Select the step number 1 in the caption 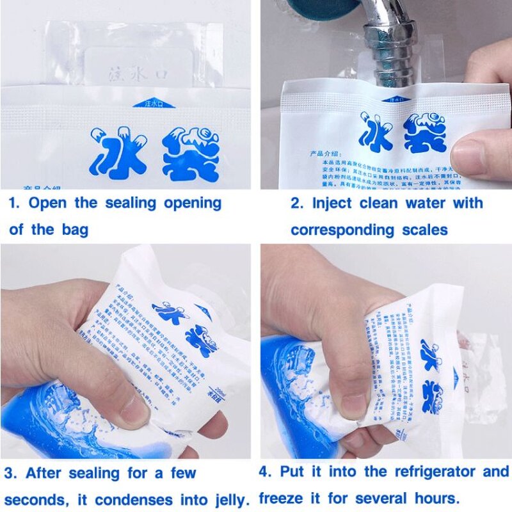pos(13,204)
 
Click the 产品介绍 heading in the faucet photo pos(305,153)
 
